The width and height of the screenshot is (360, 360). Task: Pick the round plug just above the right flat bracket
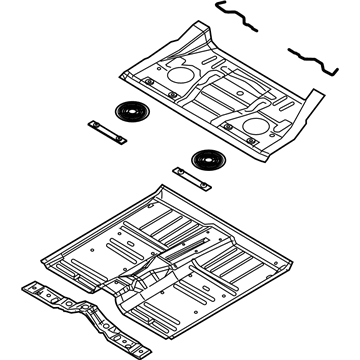pyautogui.click(x=208, y=157)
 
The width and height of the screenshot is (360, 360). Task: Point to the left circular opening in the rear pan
pyautogui.click(x=180, y=75)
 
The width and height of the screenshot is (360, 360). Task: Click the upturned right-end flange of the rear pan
pyautogui.click(x=314, y=100)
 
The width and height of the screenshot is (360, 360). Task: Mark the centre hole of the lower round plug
pyautogui.click(x=208, y=157)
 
